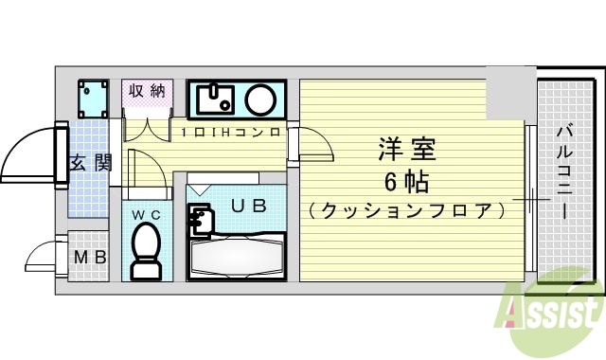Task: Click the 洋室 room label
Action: coord(408,150)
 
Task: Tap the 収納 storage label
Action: coord(148,91)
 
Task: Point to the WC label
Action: coord(146,215)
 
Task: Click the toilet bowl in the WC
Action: coord(146,254)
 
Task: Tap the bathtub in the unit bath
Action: coord(237,258)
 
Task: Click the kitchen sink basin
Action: coord(216,98)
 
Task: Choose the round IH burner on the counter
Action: coord(260,99)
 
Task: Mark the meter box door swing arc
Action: coord(44,257)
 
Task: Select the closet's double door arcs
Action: coord(148,129)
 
